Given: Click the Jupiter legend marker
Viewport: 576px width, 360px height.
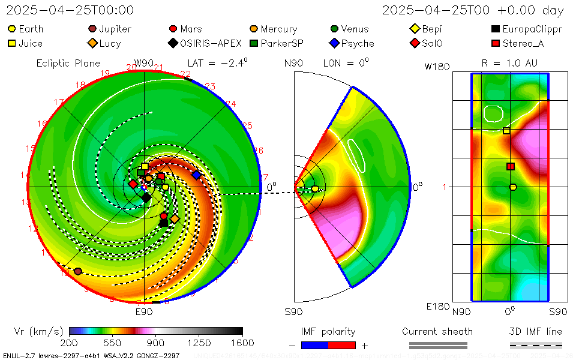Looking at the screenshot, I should pyautogui.click(x=92, y=29).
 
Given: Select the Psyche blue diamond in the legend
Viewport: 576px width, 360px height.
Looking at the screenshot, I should pyautogui.click(x=334, y=43).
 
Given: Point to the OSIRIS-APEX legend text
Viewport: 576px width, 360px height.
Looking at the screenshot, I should pyautogui.click(x=211, y=43).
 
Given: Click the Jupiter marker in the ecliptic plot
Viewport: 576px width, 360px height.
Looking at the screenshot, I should pyautogui.click(x=77, y=271).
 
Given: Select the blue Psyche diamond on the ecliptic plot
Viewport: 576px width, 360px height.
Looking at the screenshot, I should pyautogui.click(x=196, y=175).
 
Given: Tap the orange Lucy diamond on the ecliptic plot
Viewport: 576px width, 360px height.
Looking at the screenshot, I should pyautogui.click(x=175, y=219).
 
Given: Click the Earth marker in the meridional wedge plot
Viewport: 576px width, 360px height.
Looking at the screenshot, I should pyautogui.click(x=315, y=189).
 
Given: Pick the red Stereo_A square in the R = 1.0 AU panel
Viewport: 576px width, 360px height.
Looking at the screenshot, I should pyautogui.click(x=511, y=166).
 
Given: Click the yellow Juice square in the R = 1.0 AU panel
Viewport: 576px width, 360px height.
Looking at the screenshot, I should pyautogui.click(x=506, y=131).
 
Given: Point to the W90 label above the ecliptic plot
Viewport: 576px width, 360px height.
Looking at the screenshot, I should pyautogui.click(x=144, y=63).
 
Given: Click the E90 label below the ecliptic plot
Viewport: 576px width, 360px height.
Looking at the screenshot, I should pyautogui.click(x=144, y=311).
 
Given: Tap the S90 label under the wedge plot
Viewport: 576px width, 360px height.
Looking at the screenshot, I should pyautogui.click(x=293, y=311).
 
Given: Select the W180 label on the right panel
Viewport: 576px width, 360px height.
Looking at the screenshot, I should pyautogui.click(x=437, y=67).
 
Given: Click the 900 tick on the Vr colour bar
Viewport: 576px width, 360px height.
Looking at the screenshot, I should pyautogui.click(x=156, y=343).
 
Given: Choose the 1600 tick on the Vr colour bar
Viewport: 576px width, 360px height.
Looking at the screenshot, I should pyautogui.click(x=242, y=343).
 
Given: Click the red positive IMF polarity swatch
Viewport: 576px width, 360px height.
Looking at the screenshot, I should pyautogui.click(x=342, y=345).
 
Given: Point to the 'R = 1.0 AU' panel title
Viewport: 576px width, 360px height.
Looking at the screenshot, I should pyautogui.click(x=509, y=63).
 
